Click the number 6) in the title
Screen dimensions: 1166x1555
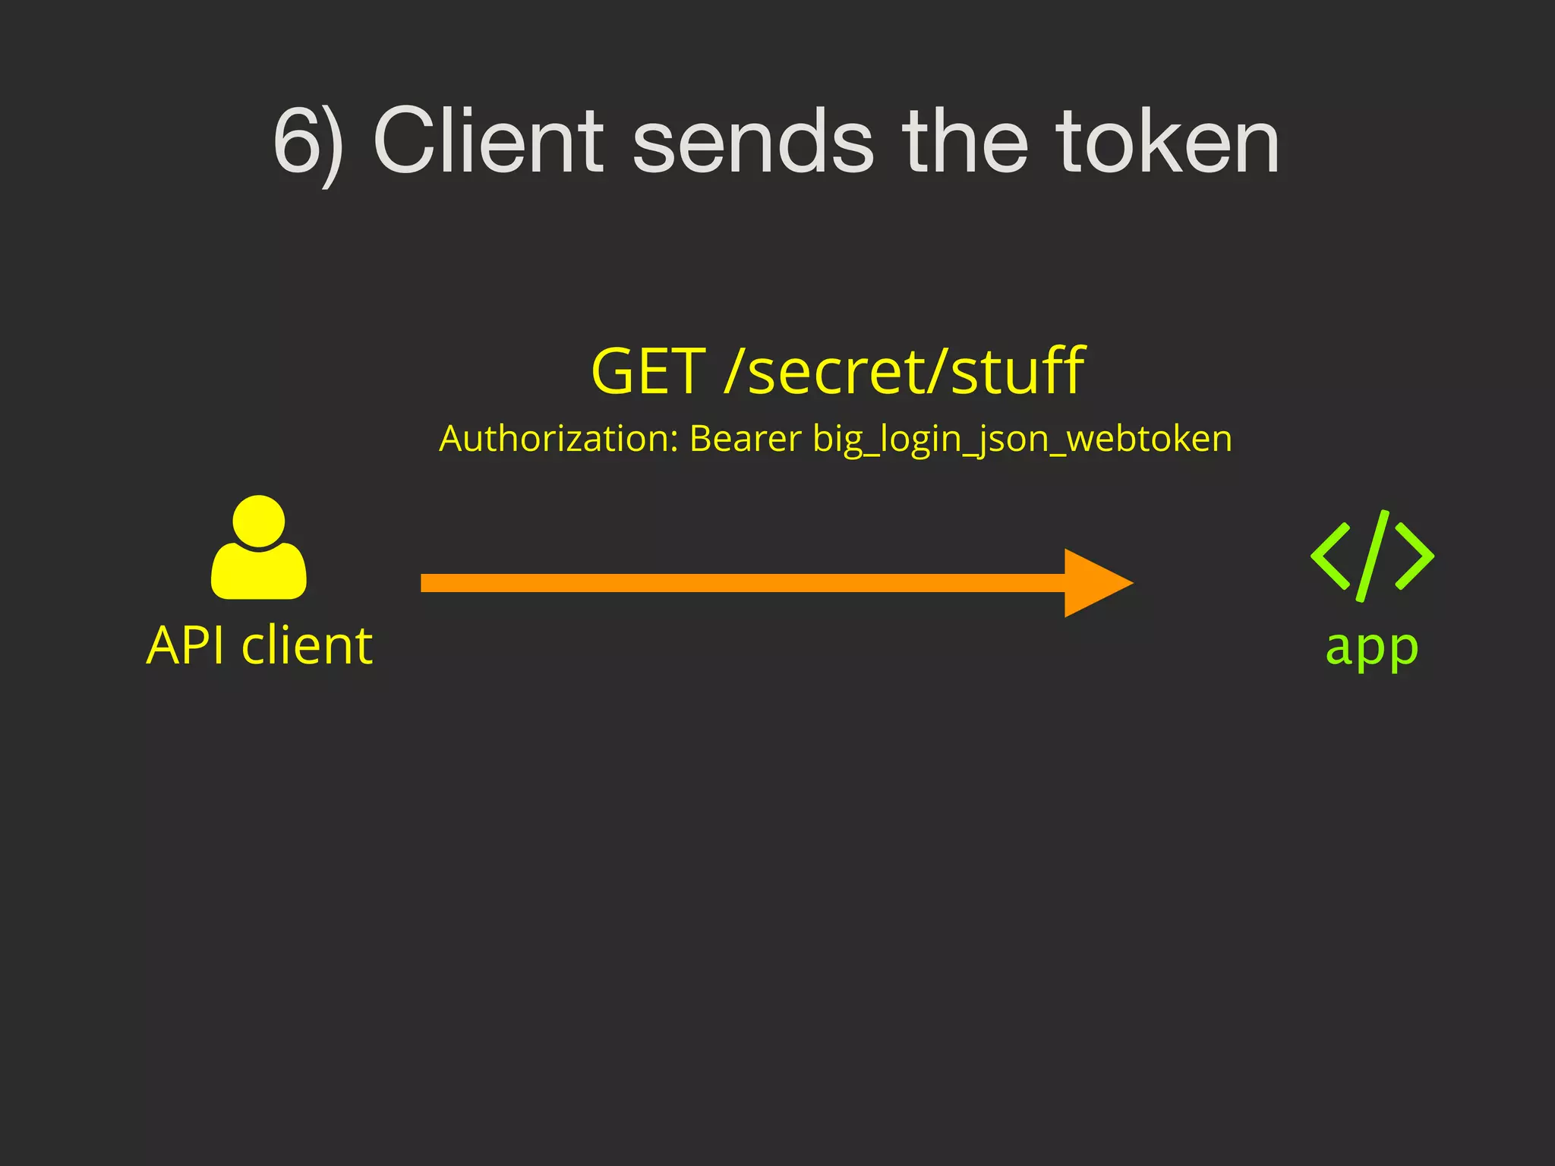308,143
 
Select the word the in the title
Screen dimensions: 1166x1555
965,141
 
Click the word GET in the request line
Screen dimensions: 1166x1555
648,371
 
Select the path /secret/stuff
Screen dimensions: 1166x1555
904,371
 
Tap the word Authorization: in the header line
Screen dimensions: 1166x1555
558,439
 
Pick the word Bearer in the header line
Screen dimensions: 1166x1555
745,439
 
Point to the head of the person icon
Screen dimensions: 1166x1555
259,521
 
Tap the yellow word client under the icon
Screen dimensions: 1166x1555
307,646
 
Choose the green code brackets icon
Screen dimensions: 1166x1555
1371,556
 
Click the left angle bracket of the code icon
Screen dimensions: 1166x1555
1331,556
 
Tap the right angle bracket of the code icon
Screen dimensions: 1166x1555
1415,556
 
